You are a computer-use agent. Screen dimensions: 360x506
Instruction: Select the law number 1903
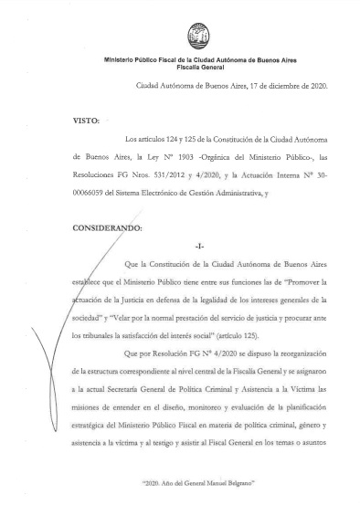[189, 157]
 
